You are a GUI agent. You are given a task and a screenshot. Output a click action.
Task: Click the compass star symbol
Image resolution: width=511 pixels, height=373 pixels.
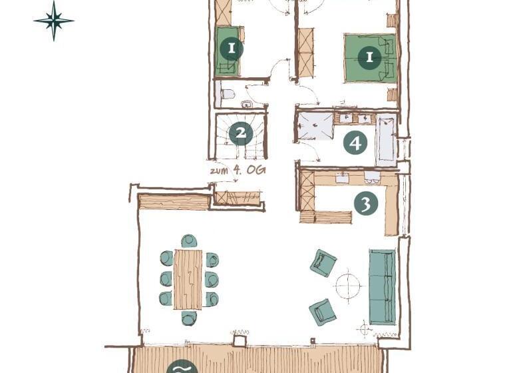click(x=54, y=21)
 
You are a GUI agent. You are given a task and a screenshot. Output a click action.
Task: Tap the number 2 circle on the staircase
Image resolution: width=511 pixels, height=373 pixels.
click(x=241, y=133)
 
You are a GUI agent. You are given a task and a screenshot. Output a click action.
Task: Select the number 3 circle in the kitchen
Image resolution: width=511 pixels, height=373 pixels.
click(x=366, y=203)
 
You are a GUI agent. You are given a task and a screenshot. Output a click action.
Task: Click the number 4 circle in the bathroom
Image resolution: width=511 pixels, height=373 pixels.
click(x=355, y=143)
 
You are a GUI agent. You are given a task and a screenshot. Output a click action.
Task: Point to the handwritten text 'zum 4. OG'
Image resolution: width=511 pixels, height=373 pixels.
click(x=238, y=170)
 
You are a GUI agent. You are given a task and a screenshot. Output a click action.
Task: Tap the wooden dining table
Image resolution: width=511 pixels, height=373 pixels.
click(x=188, y=279)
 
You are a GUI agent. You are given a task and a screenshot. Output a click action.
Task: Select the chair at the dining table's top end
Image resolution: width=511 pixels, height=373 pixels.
click(x=190, y=241)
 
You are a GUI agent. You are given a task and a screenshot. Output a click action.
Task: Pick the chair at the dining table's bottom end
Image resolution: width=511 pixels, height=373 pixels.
click(x=190, y=318)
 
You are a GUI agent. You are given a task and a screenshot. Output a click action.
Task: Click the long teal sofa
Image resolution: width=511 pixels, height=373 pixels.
click(x=383, y=287)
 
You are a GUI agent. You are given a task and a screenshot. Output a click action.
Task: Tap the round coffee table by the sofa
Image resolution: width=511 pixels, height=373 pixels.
click(x=348, y=286)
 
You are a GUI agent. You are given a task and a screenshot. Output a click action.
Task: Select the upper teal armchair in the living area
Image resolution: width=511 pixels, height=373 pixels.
click(x=323, y=262)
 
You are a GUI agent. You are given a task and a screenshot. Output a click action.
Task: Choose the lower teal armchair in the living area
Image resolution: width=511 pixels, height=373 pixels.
click(x=323, y=312)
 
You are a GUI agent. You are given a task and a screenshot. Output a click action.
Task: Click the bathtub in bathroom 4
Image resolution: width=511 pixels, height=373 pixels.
click(x=386, y=140)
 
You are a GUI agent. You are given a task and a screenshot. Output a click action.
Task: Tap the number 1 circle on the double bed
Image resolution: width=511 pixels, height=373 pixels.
click(x=369, y=57)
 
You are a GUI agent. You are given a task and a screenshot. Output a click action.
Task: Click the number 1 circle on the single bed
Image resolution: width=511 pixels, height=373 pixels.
click(x=232, y=49)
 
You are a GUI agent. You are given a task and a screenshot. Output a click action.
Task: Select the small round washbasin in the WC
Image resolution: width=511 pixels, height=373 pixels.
click(x=247, y=105)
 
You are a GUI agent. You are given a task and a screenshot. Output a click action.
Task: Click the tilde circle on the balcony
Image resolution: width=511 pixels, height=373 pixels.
click(x=182, y=367)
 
